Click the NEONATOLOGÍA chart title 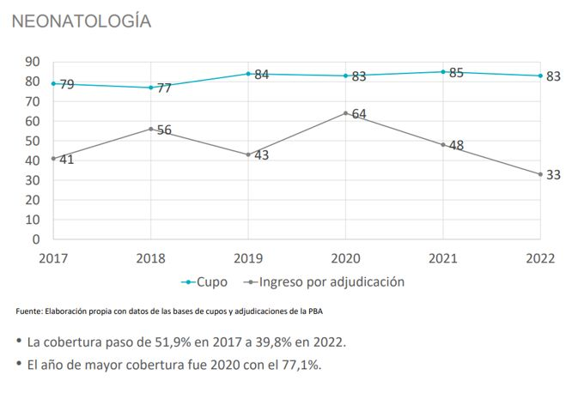pos(82,21)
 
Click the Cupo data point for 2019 pos(248,74)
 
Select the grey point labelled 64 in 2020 pos(345,113)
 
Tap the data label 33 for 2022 pos(553,175)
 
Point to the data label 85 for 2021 pos(456,73)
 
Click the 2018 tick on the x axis pos(150,258)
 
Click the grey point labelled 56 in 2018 pos(150,129)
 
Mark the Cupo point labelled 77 pos(150,88)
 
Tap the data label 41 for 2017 pos(66,160)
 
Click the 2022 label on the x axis pos(540,258)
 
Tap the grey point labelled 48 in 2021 pos(443,144)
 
